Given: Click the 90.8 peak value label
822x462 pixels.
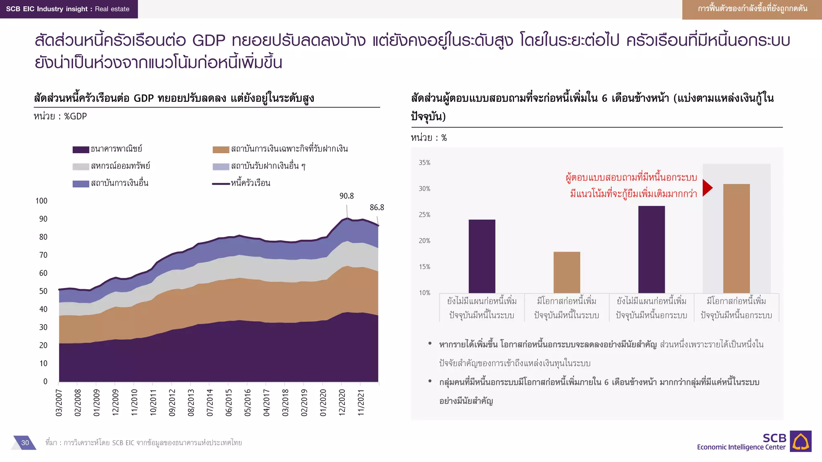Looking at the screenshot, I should pyautogui.click(x=346, y=196).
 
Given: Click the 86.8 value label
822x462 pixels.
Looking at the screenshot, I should pyautogui.click(x=376, y=208).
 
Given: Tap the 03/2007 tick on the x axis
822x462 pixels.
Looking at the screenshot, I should pyautogui.click(x=59, y=402).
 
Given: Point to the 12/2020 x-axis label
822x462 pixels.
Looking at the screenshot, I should pyautogui.click(x=342, y=402).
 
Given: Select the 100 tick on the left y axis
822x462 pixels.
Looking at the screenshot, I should pyautogui.click(x=41, y=201).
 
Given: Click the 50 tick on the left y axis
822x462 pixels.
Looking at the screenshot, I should pyautogui.click(x=43, y=291).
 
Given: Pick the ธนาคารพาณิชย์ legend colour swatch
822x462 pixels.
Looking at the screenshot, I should pyautogui.click(x=81, y=150).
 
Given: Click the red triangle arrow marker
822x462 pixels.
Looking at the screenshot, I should pyautogui.click(x=707, y=188).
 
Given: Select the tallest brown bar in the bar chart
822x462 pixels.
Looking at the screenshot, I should pyautogui.click(x=736, y=238).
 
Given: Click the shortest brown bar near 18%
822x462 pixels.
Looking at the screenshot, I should pyautogui.click(x=566, y=272).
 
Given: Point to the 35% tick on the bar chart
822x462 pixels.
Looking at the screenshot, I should pyautogui.click(x=424, y=163).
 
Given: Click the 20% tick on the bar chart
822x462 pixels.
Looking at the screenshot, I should pyautogui.click(x=424, y=241).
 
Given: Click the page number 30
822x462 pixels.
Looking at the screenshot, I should pyautogui.click(x=25, y=443).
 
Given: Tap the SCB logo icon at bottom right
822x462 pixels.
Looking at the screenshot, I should pyautogui.click(x=800, y=441).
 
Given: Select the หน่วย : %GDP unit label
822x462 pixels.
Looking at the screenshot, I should pyautogui.click(x=60, y=117).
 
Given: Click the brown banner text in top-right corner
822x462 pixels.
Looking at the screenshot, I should pyautogui.click(x=752, y=9).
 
